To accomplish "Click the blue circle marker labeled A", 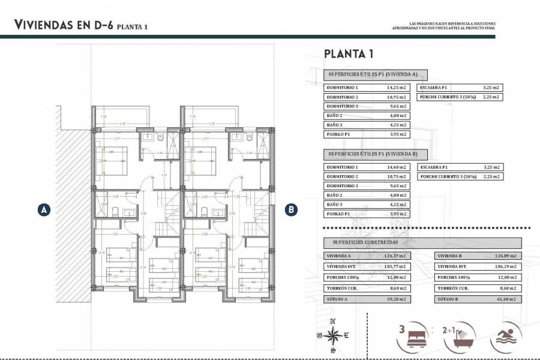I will coord(43,209).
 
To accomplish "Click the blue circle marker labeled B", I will coord(291,209).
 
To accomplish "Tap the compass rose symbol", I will coord(335,337).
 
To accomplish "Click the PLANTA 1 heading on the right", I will coord(349,54).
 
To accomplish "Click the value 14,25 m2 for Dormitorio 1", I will coord(397,87).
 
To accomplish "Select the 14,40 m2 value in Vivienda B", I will coord(397,167).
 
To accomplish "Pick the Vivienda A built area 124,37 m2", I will coord(397,256).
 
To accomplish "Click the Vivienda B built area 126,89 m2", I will coord(509,256).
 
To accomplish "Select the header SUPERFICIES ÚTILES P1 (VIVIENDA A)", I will coord(375,74).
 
